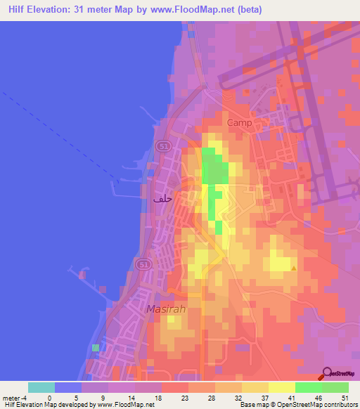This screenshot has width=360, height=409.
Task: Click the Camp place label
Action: coord(239,122)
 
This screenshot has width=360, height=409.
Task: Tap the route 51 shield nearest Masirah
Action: coord(143,264)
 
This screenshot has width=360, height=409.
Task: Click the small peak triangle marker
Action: coord(294,267)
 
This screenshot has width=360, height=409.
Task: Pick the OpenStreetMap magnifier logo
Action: coord(328,375)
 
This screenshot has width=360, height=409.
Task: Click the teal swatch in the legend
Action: coord(41,387)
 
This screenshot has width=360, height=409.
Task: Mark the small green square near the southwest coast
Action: coord(96,347)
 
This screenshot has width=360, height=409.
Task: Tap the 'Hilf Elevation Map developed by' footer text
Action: coord(49,405)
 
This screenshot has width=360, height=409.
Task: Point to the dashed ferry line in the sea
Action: coord(63,134)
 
